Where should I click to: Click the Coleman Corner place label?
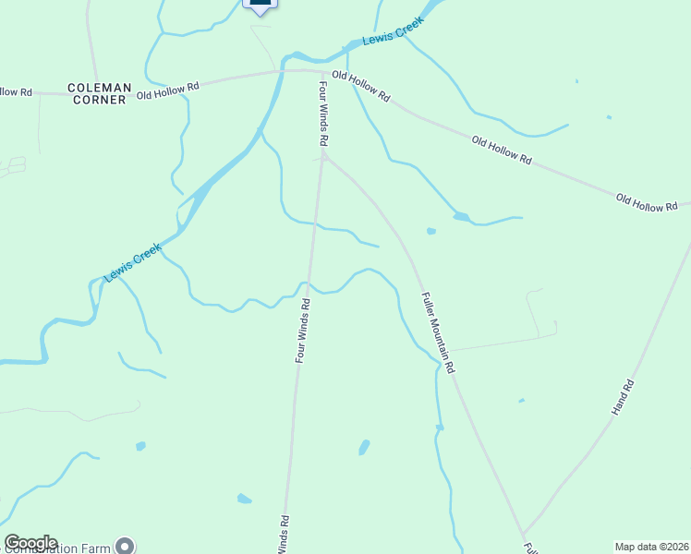point(97,93)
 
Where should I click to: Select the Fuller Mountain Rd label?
point(439,332)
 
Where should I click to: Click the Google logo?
point(30,543)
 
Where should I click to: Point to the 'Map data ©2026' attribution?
point(651,547)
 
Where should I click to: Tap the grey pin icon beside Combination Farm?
point(126,546)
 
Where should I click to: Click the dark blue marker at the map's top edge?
point(261,3)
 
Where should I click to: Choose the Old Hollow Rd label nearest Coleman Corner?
point(168,90)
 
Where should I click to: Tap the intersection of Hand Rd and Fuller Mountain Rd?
point(523,536)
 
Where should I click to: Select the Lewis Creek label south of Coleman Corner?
point(132,263)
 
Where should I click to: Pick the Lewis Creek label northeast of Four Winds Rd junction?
point(393,31)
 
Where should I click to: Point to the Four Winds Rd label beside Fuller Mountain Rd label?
point(301,330)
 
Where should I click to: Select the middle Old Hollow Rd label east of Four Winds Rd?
point(502,151)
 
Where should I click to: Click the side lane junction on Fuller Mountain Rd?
point(449,350)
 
